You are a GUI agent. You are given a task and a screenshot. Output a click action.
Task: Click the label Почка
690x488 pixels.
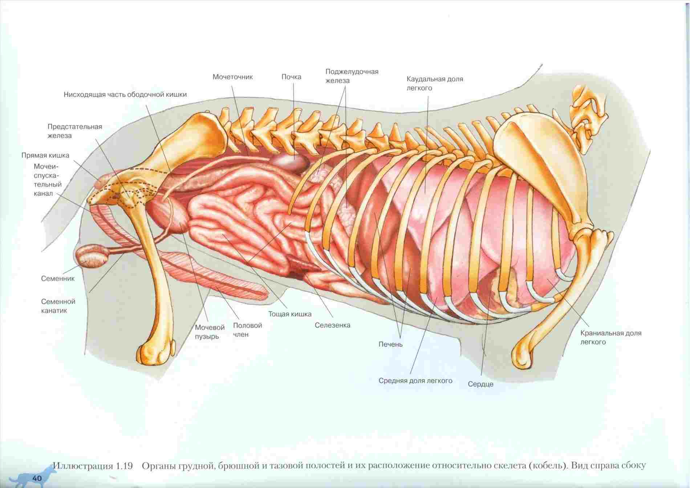(x=291, y=77)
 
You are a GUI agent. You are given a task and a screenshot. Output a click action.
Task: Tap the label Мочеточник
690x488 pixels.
(x=233, y=77)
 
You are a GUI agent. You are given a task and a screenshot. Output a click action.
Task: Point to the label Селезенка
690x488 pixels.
(x=332, y=325)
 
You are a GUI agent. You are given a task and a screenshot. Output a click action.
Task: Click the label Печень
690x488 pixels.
(x=390, y=344)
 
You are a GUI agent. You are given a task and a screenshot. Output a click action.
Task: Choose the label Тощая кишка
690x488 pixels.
(x=290, y=314)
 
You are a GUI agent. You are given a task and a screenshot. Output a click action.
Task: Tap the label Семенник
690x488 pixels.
(x=58, y=279)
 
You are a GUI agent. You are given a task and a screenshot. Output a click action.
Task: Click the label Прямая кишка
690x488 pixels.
(x=45, y=155)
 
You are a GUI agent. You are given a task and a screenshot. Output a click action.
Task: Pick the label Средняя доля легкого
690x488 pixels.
(x=415, y=381)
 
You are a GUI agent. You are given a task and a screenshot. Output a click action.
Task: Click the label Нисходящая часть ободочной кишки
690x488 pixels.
(x=125, y=95)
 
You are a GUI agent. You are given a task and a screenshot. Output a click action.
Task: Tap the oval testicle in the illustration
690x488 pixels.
(x=93, y=257)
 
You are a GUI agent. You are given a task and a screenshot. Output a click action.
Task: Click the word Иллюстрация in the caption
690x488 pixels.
(x=83, y=466)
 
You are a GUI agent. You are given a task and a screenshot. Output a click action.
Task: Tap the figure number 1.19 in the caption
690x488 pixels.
(x=125, y=466)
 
